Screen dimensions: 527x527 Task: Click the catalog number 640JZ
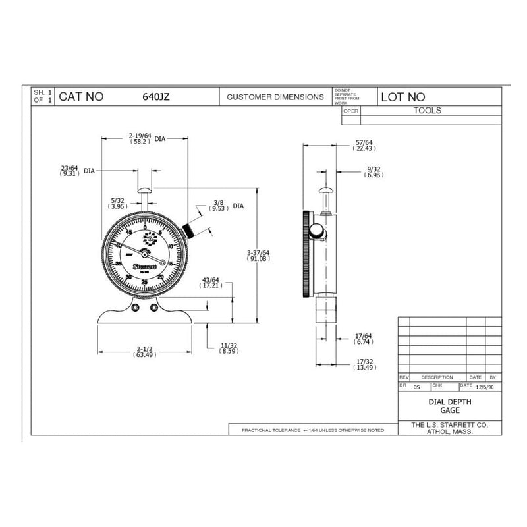click(x=156, y=97)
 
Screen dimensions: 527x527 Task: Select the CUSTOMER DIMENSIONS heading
click(x=275, y=97)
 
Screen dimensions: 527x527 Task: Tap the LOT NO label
click(x=403, y=97)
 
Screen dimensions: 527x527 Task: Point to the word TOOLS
click(x=428, y=111)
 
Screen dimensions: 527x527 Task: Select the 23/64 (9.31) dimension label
click(x=70, y=170)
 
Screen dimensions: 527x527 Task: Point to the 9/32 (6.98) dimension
click(x=373, y=173)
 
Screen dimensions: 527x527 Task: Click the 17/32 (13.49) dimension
click(x=364, y=364)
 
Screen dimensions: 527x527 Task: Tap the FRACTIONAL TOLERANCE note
click(x=313, y=430)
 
